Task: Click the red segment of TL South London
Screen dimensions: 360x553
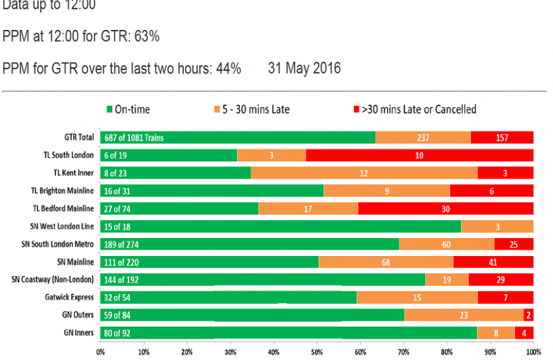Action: (x=420, y=155)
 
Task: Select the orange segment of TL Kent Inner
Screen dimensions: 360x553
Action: (x=364, y=173)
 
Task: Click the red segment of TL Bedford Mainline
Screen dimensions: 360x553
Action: (x=445, y=207)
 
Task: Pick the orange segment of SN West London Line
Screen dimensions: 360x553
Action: (x=497, y=225)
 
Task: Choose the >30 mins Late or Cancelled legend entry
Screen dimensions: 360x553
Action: (x=413, y=109)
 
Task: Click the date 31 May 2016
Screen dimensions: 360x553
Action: (x=304, y=68)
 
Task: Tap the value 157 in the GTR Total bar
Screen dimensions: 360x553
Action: (x=503, y=138)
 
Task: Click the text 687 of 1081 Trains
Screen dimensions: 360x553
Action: (x=133, y=138)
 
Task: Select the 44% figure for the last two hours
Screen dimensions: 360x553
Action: (x=229, y=68)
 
